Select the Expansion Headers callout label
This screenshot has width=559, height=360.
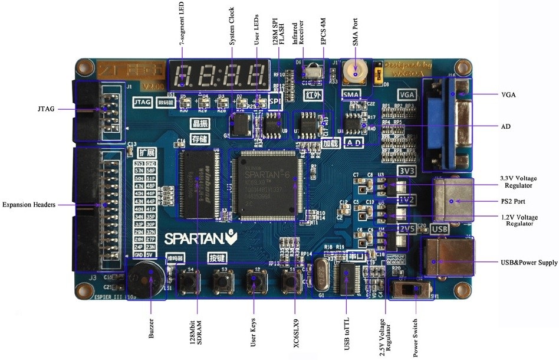[28, 205]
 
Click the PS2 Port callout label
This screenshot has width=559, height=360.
[512, 202]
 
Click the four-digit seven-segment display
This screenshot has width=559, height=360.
[218, 74]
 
